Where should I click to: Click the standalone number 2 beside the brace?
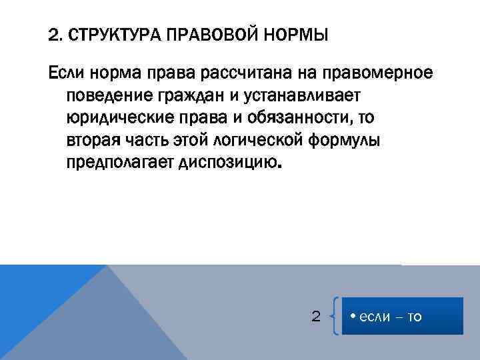317,316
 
